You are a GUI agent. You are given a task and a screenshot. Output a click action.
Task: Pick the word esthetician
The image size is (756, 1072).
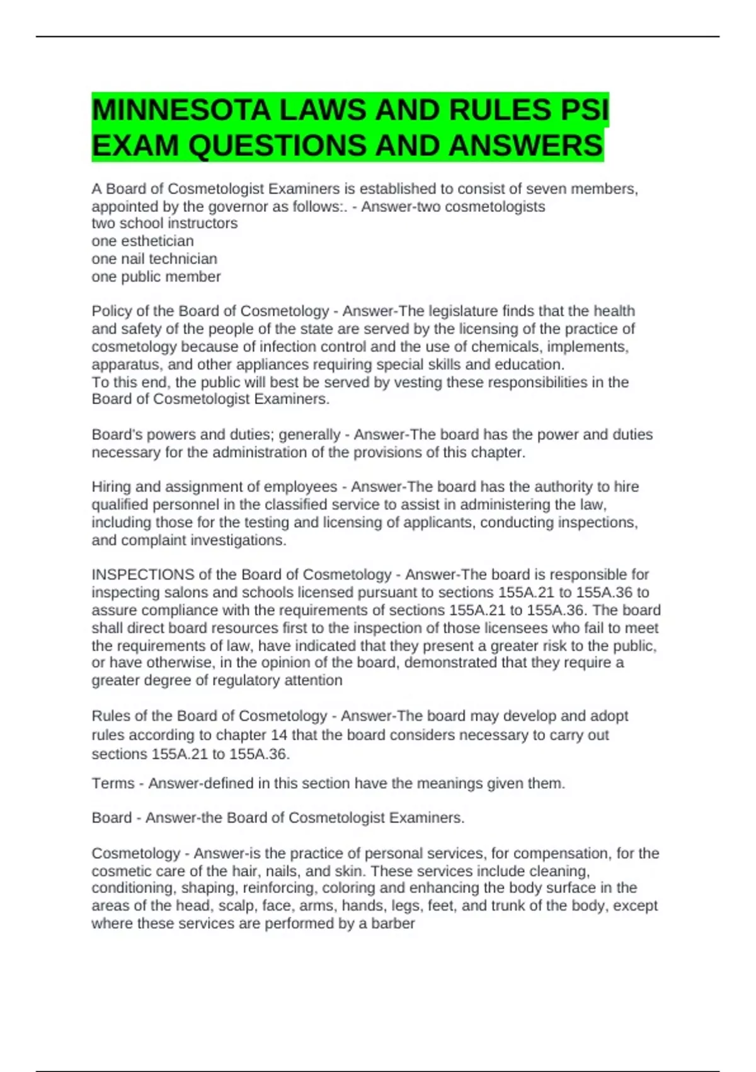point(157,242)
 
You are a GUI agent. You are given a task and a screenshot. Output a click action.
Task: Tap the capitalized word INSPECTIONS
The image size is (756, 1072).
point(143,575)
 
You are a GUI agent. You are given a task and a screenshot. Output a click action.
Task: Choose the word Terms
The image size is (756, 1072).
point(113,784)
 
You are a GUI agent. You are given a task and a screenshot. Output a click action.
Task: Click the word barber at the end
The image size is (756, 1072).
point(393,924)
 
